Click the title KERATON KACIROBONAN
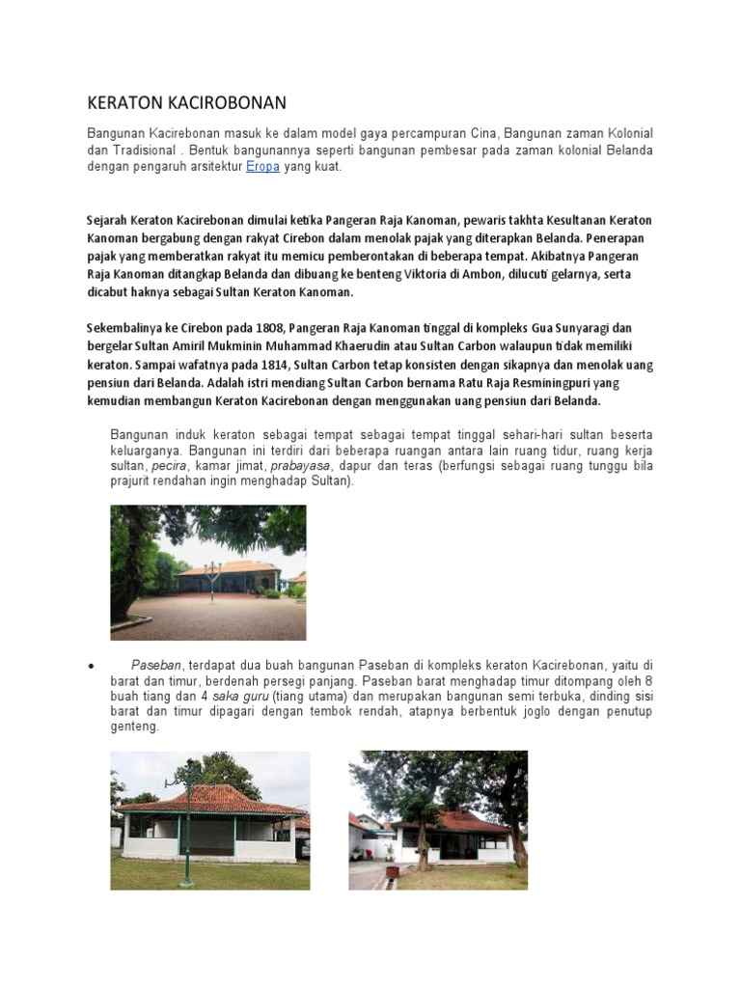point(187,102)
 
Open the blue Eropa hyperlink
point(263,167)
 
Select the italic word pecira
point(169,465)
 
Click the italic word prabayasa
point(299,465)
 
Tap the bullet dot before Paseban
point(90,667)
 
